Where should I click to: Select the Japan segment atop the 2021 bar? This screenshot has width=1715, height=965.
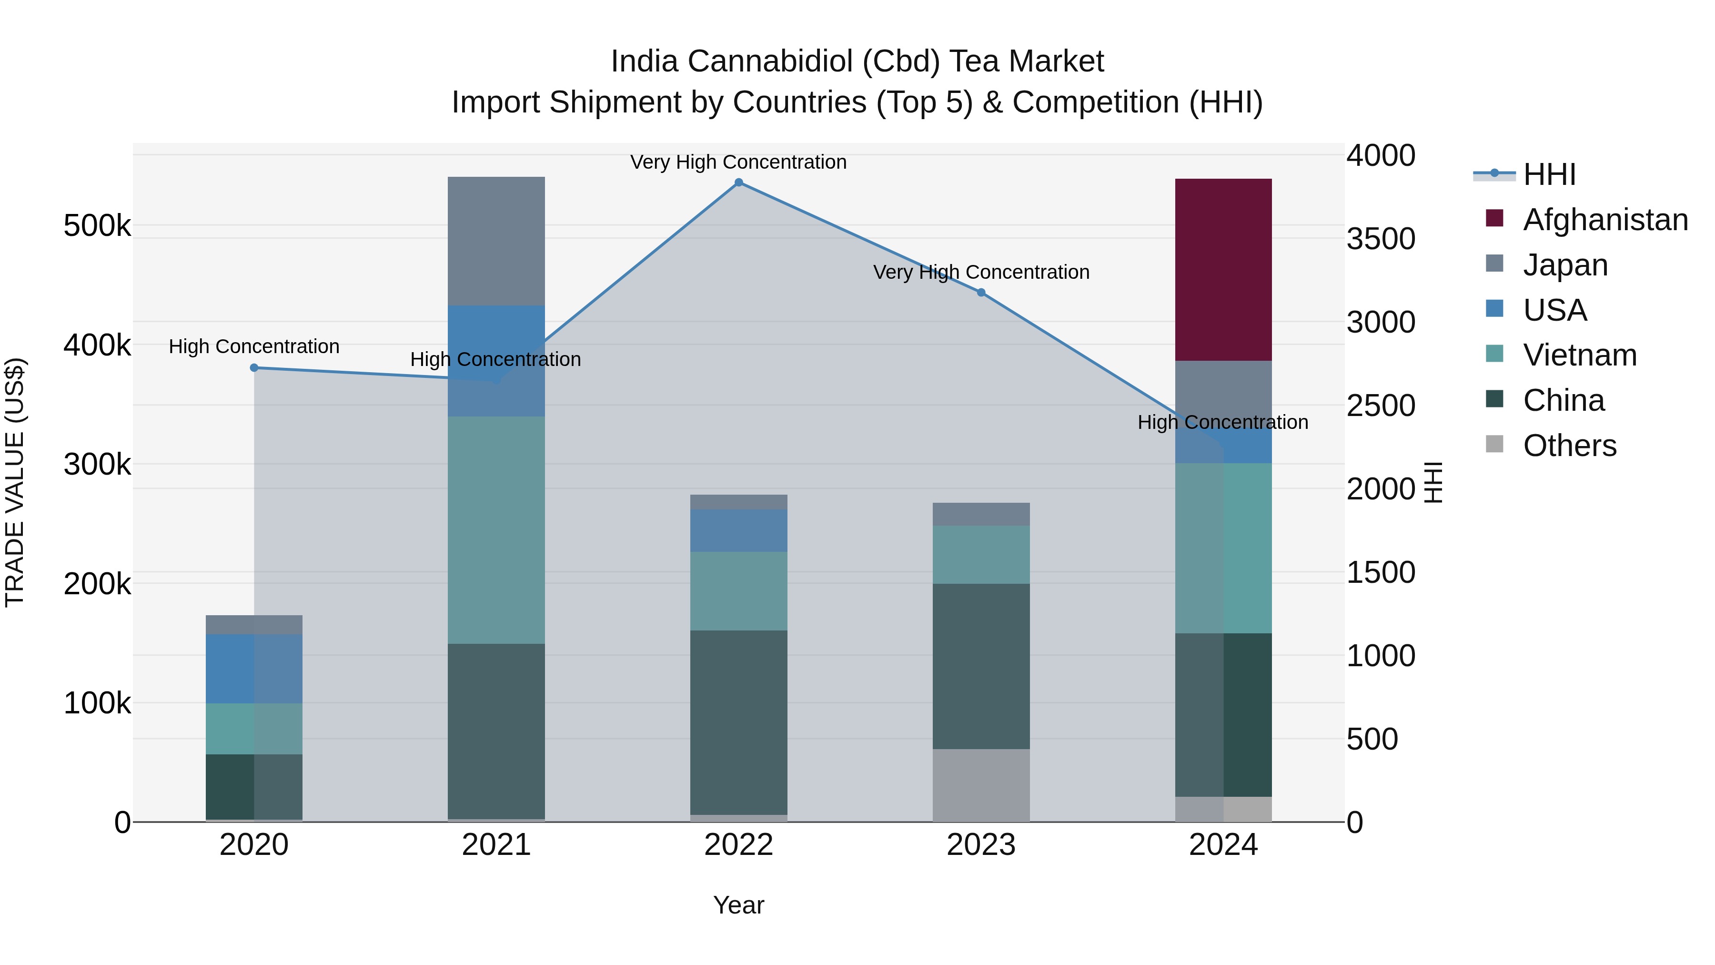[496, 241]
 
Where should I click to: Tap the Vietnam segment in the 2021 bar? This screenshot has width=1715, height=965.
[496, 529]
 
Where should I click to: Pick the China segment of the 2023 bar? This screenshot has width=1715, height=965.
[981, 666]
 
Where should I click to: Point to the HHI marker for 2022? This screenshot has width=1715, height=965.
[738, 183]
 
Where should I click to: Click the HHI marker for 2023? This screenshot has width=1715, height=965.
[981, 293]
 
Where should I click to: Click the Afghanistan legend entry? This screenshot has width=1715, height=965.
[1604, 220]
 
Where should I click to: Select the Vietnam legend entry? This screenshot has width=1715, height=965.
[1579, 355]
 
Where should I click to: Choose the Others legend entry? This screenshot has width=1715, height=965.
[1569, 446]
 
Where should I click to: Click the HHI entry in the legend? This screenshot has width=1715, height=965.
[1549, 174]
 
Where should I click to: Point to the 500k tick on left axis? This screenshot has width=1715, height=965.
[97, 226]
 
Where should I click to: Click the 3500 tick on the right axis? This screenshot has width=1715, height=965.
[1381, 239]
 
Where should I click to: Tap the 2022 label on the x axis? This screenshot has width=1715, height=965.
[738, 845]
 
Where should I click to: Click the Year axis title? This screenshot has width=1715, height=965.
[738, 905]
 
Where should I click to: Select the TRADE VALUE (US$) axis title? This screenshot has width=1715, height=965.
[15, 482]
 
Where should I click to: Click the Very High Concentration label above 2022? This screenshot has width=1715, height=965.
[738, 162]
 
